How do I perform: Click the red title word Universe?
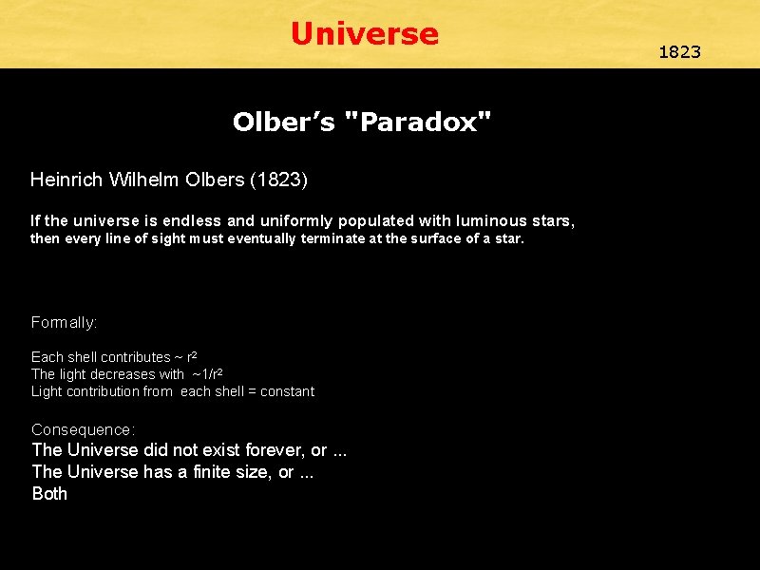tap(365, 34)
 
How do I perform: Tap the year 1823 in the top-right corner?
tap(679, 51)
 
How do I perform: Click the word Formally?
tap(64, 322)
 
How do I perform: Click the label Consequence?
tap(83, 429)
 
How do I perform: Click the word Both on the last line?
tap(49, 494)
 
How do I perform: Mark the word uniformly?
tap(289, 221)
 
